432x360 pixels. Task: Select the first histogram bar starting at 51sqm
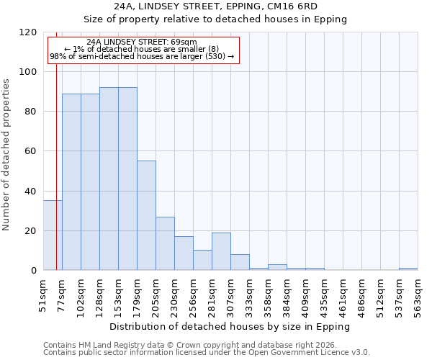[x=53, y=235]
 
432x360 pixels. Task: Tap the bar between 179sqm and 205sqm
[x=146, y=215]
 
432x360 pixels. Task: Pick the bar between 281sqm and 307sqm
[x=221, y=251]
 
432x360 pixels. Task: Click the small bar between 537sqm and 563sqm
[x=408, y=269]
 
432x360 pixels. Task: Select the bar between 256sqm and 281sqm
[x=202, y=260]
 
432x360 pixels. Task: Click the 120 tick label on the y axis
[x=28, y=32]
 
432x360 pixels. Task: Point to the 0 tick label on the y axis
[x=34, y=271]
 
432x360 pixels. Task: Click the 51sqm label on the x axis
[x=43, y=295]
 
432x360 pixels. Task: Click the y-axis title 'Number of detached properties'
[x=7, y=155]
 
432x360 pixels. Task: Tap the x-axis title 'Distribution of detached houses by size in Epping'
[x=230, y=326]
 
